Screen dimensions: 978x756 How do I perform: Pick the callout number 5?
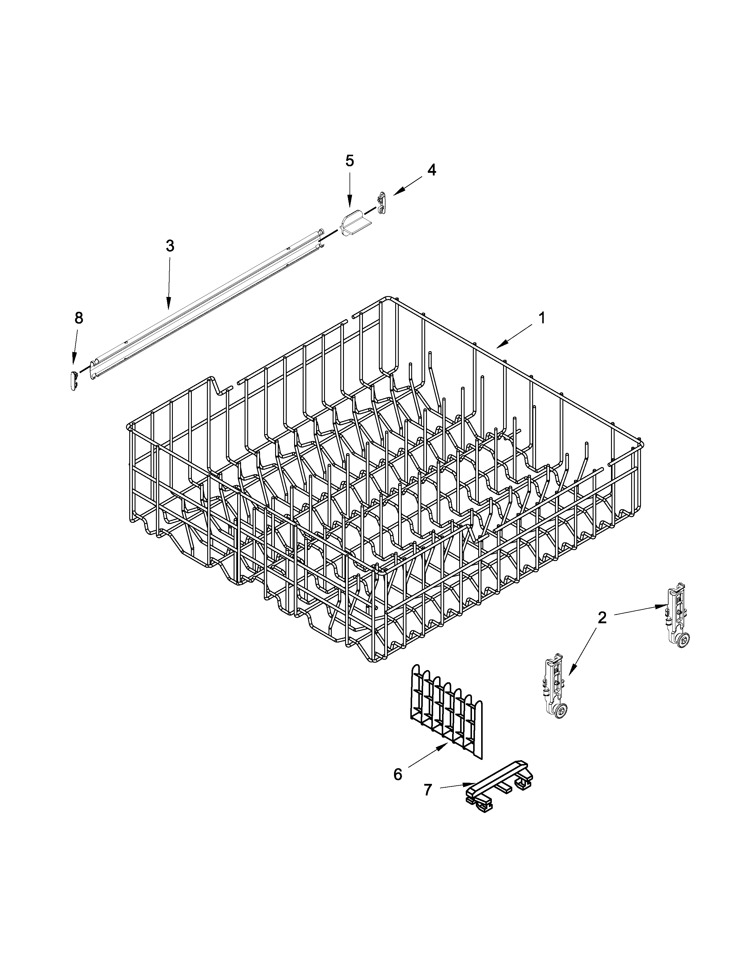pos(349,161)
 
